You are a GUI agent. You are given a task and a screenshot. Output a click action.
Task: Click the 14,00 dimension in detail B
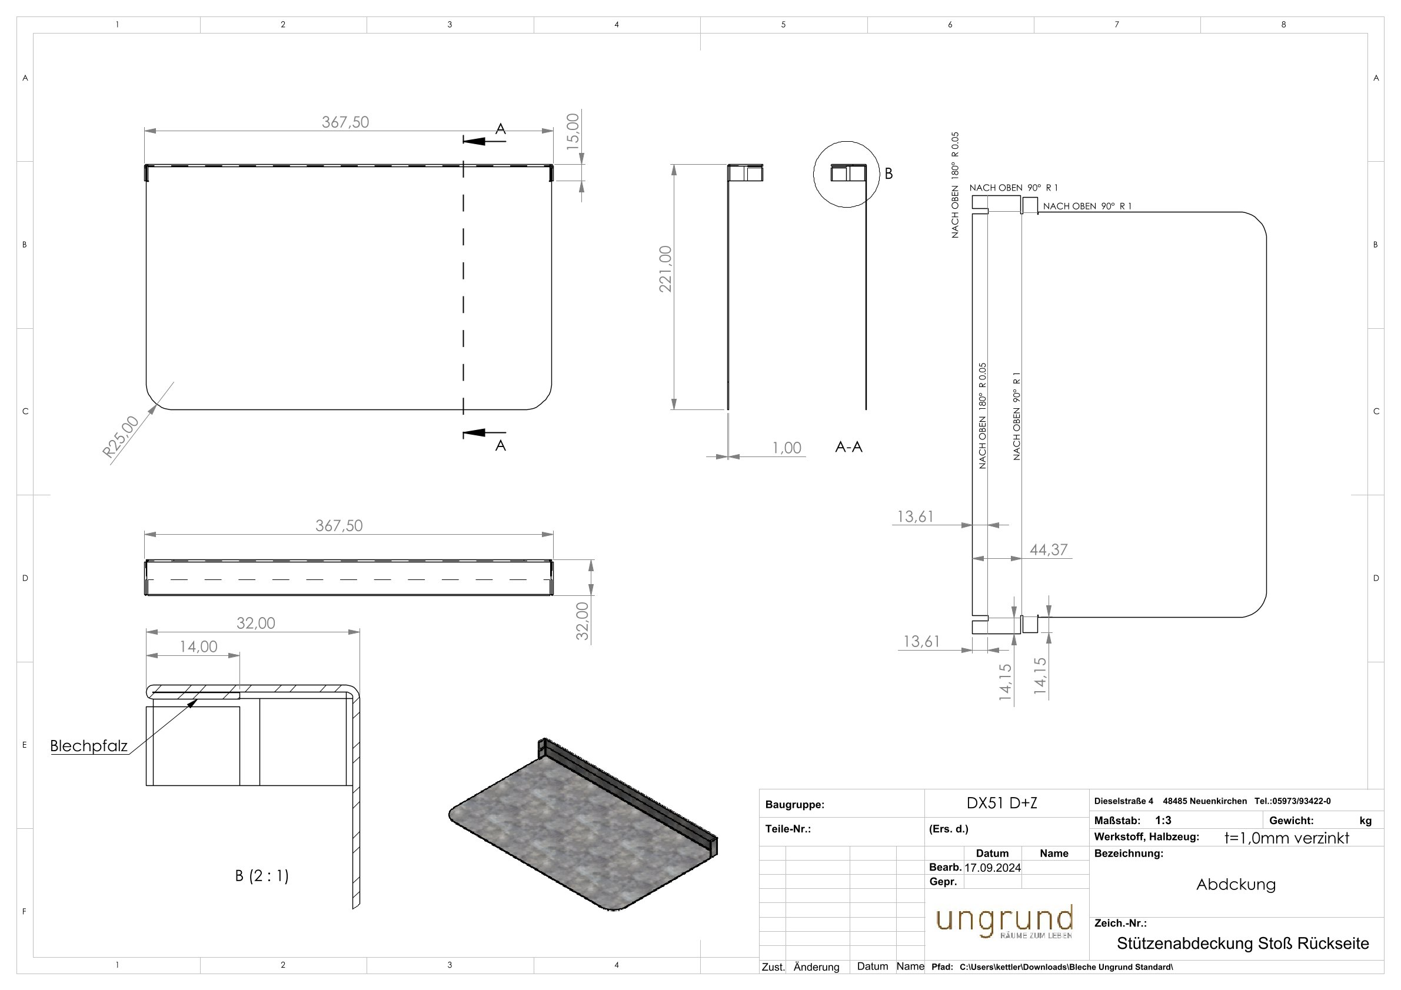point(198,646)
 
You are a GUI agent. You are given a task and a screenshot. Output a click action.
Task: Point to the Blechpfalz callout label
point(89,745)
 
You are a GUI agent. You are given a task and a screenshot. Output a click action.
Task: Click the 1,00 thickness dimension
point(787,448)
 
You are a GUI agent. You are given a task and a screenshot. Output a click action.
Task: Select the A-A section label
point(848,447)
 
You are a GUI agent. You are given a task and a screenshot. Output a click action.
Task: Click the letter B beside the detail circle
point(888,174)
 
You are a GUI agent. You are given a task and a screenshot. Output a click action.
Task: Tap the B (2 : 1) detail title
point(262,876)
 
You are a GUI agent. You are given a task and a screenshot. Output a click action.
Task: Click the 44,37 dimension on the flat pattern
point(1049,549)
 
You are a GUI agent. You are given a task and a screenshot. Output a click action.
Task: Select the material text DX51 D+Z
point(1001,803)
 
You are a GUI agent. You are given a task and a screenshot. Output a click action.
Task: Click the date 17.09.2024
point(992,868)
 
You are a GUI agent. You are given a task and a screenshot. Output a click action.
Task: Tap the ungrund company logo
point(1004,922)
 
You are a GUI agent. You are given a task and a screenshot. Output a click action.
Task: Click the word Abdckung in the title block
point(1236,885)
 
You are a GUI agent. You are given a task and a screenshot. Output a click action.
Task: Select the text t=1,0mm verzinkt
point(1286,838)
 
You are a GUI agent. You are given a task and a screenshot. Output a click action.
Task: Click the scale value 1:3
point(1163,821)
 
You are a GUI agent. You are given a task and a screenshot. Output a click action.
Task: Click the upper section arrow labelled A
point(485,141)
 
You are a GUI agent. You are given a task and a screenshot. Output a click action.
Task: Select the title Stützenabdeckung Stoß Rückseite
point(1242,944)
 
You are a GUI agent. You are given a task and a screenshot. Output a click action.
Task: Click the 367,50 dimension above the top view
point(345,122)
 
